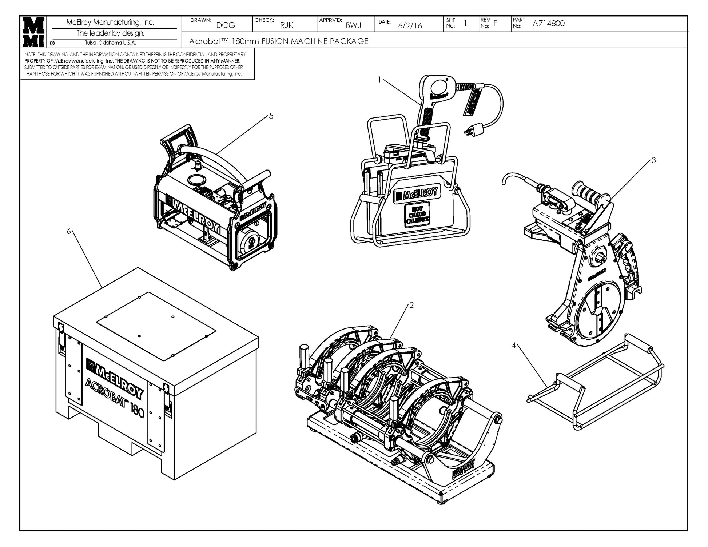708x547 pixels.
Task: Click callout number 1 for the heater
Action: [x=379, y=79]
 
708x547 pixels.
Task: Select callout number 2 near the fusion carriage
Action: [x=411, y=305]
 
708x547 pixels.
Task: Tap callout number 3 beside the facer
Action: [x=653, y=160]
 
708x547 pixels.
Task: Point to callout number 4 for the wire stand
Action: [x=514, y=345]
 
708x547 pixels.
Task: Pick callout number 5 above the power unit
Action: [x=271, y=116]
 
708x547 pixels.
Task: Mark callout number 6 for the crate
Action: [x=68, y=231]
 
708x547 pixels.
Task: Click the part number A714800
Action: [x=548, y=24]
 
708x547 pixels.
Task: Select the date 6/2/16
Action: [x=410, y=25]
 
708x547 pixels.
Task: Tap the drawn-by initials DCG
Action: [x=226, y=25]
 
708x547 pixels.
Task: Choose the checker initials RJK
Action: [x=286, y=25]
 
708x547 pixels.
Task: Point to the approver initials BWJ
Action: [x=353, y=25]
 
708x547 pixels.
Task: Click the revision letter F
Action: [x=495, y=24]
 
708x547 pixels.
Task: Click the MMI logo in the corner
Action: [x=33, y=32]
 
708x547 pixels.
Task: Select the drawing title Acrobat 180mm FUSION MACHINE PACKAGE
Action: [x=279, y=41]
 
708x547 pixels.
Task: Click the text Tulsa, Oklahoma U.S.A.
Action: [x=110, y=43]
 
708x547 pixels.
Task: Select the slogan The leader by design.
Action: [x=110, y=33]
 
